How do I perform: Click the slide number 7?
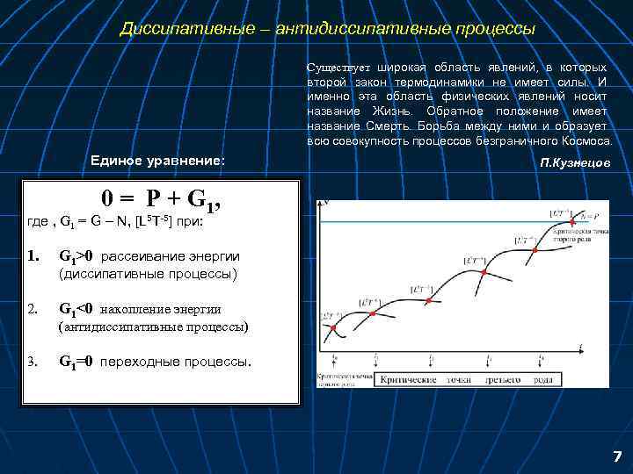coord(616,456)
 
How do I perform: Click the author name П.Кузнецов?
coord(576,164)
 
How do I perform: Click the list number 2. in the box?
coord(33,309)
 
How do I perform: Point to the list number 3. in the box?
coord(33,361)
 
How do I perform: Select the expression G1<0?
coord(76,309)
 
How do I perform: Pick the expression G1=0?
coord(76,361)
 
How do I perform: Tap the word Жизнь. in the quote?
coord(397,111)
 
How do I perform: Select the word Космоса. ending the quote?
coord(586,140)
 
